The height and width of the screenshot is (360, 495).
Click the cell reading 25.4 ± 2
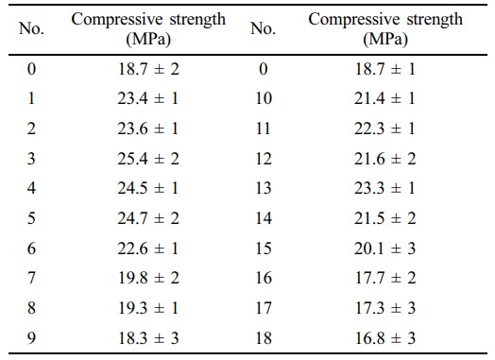pyautogui.click(x=148, y=158)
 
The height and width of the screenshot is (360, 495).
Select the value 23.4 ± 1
pyautogui.click(x=148, y=98)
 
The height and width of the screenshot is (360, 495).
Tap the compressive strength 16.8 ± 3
pyautogui.click(x=384, y=338)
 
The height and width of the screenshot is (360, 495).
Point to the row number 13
pyautogui.click(x=264, y=188)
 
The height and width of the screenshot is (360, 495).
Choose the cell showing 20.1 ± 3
pyautogui.click(x=384, y=249)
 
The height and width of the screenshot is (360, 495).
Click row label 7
pyautogui.click(x=31, y=278)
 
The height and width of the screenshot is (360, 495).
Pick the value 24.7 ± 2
pyautogui.click(x=148, y=218)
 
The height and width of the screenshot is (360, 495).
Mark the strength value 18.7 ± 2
pyautogui.click(x=148, y=69)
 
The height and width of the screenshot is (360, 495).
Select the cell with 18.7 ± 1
pyautogui.click(x=384, y=69)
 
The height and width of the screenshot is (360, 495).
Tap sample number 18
pyautogui.click(x=264, y=338)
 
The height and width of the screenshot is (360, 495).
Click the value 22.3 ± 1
pyautogui.click(x=384, y=129)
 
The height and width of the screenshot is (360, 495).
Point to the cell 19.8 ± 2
pyautogui.click(x=148, y=278)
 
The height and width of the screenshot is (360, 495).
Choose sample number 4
pyautogui.click(x=31, y=188)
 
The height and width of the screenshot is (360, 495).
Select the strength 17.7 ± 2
pyautogui.click(x=385, y=278)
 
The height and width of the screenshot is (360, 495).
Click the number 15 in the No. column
pyautogui.click(x=264, y=249)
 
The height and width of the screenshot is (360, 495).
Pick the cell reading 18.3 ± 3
pyautogui.click(x=148, y=338)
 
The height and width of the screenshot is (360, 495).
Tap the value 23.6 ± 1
pyautogui.click(x=148, y=129)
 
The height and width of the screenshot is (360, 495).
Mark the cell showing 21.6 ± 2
pyautogui.click(x=384, y=158)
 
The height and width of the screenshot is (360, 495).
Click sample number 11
pyautogui.click(x=264, y=129)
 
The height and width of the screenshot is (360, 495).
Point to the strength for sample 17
pyautogui.click(x=385, y=308)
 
